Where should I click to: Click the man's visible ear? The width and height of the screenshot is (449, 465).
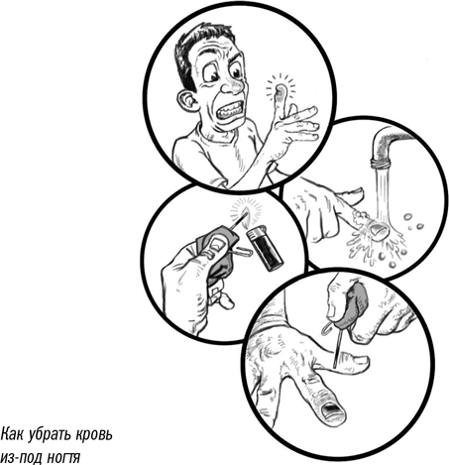coord(187,100)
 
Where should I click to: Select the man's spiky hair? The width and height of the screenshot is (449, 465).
coord(200,48)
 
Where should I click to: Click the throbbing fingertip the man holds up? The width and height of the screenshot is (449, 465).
coord(281,91)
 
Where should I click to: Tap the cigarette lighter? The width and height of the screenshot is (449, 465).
coord(265,248)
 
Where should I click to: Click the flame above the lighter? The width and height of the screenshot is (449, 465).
coord(246,216)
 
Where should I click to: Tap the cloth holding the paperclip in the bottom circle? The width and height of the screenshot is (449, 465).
coord(356,301)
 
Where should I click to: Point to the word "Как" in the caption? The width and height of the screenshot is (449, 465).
coord(11,434)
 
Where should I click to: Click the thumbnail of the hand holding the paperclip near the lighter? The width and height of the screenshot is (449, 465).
coord(217,245)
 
